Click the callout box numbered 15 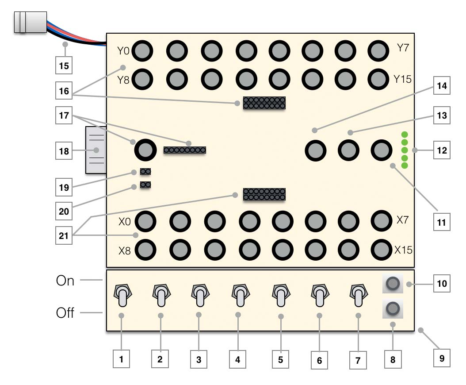point(64,65)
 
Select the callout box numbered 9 point(442,358)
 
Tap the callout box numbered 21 point(64,235)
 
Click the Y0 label point(123,51)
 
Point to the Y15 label point(402,79)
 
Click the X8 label point(125,251)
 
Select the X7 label point(403,220)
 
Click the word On point(65,281)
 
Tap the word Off point(65,313)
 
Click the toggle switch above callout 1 point(122,296)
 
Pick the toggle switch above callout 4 point(241,296)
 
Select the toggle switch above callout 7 point(359,296)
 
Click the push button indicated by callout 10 point(393,284)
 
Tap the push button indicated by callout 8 point(393,309)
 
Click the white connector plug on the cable point(31,22)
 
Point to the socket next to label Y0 point(142,51)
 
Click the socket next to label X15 point(382,250)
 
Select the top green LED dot point(405,135)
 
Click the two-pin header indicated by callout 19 point(145,171)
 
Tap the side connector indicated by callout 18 point(96,150)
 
